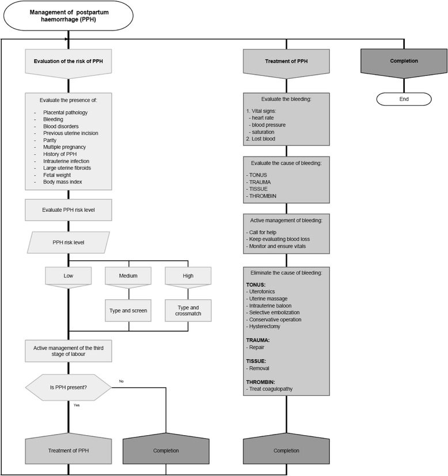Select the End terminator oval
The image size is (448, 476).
pos(403,99)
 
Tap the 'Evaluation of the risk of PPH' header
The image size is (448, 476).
pos(69,61)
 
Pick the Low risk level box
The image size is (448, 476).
pos(69,276)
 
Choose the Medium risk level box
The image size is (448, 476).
pos(128,276)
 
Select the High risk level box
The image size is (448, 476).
pos(188,276)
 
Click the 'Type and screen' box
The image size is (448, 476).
pos(128,310)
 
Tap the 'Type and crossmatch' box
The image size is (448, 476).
pos(188,310)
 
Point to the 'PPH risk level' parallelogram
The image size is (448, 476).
pos(69,242)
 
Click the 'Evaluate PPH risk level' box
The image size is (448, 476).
pos(69,210)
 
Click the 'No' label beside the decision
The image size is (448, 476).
pos(121,381)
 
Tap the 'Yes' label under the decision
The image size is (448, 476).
pos(77,405)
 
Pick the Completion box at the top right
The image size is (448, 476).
pos(404,61)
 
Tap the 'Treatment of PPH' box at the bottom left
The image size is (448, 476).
pos(69,450)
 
